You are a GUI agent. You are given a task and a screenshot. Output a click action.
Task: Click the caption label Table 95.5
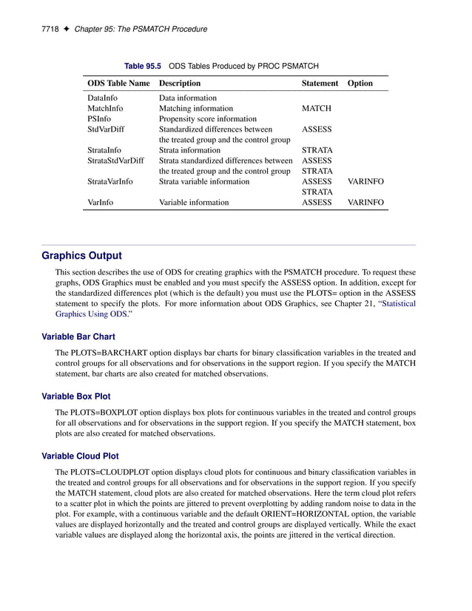[142, 66]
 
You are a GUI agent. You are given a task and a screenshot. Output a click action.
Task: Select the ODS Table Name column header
[118, 84]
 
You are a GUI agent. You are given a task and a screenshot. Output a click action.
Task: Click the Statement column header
[320, 84]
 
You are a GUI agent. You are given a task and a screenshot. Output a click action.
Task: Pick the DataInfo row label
[101, 98]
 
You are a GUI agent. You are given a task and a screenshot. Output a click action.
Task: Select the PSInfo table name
[99, 118]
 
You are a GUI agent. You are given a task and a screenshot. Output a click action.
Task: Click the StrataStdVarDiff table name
[115, 161]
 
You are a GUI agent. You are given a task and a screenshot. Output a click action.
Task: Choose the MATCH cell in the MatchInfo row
[316, 108]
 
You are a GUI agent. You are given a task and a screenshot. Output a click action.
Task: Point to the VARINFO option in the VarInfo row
[365, 202]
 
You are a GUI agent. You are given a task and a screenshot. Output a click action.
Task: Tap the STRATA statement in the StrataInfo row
[317, 150]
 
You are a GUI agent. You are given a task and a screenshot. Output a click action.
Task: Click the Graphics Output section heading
[81, 256]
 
